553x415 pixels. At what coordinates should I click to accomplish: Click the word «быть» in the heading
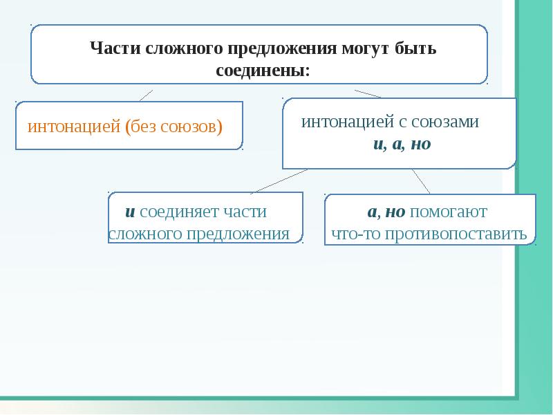click(416, 49)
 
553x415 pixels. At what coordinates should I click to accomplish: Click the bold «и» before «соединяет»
click(129, 212)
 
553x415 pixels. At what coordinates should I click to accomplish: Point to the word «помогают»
click(454, 212)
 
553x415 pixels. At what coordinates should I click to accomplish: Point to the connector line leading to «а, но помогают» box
click(421, 181)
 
